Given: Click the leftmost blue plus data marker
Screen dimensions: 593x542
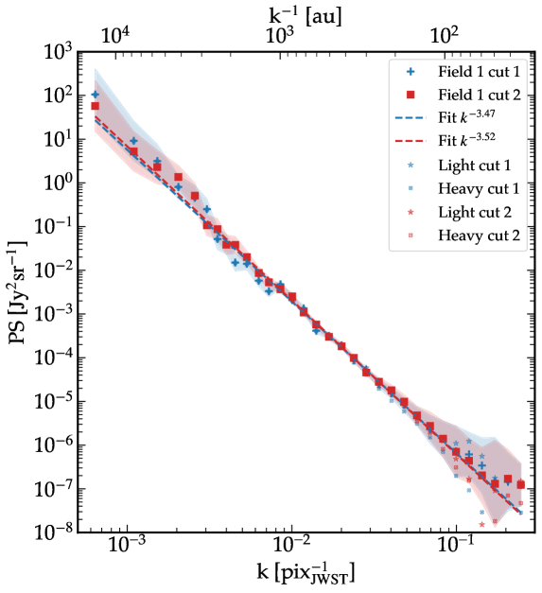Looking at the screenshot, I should click(x=95, y=95).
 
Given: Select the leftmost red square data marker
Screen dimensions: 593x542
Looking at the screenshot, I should click(x=95, y=106).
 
